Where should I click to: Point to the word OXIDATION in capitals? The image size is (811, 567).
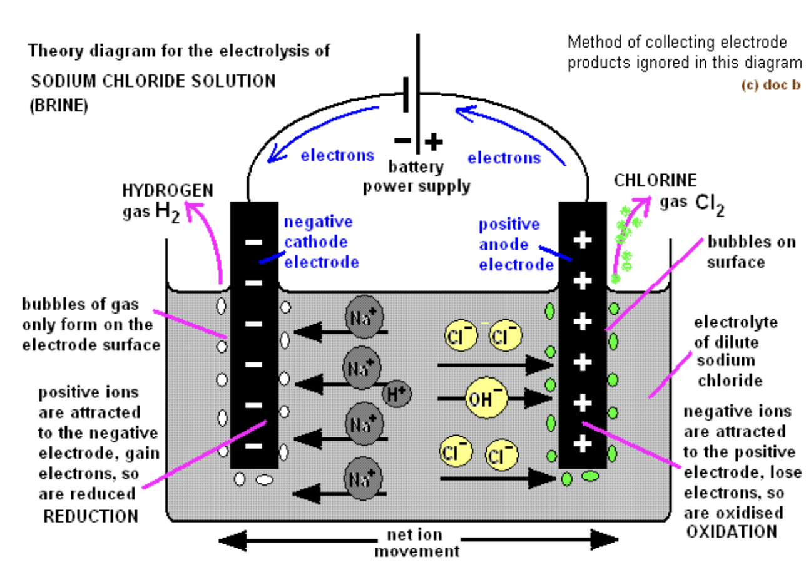coord(732,532)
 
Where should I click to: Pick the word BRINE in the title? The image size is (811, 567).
coord(58,106)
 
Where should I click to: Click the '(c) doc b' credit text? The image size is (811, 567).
coord(770,86)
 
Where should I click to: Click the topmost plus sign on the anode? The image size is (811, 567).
coord(583,242)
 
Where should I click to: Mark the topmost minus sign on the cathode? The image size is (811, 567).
coord(254,242)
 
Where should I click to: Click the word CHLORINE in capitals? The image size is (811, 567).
coord(655,181)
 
